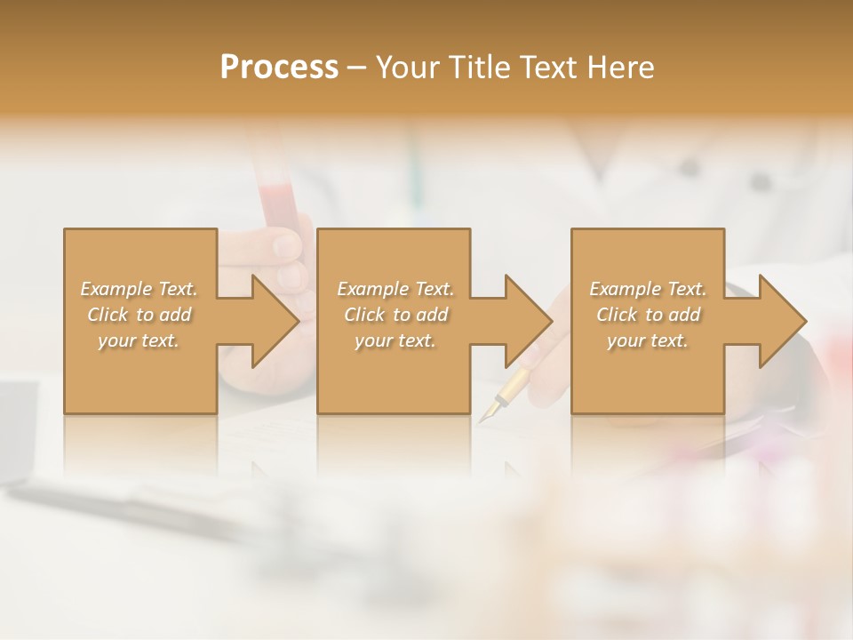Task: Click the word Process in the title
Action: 279,68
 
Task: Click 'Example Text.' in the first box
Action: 139,289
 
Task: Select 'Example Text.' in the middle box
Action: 395,289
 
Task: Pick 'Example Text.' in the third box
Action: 648,289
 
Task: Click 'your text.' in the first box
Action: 139,340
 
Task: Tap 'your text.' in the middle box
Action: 395,340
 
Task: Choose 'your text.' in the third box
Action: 648,340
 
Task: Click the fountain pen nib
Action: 490,412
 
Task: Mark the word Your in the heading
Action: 409,68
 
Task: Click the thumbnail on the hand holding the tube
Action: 286,244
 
